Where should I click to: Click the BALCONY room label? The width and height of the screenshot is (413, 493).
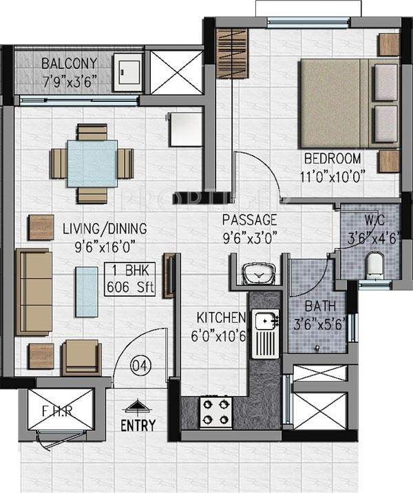[x=69, y=64]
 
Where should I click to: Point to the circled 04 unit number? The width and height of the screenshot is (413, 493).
[x=140, y=364]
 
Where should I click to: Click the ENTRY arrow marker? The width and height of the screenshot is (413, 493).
[x=138, y=407]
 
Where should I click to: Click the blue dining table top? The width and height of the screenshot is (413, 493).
[x=92, y=162]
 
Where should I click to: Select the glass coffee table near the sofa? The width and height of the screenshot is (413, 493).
[x=87, y=289]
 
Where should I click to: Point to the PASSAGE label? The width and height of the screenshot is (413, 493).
[x=249, y=220]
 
